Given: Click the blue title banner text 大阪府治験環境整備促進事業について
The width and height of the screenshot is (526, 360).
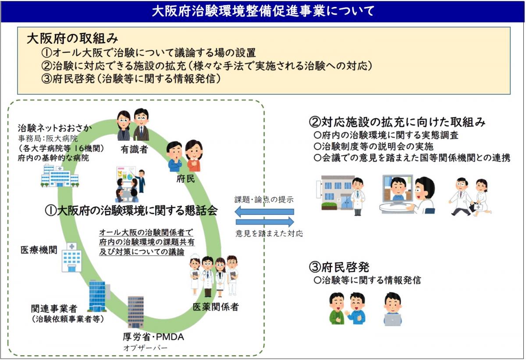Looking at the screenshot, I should click(x=263, y=11).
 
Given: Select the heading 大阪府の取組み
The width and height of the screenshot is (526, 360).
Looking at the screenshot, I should click(x=73, y=39).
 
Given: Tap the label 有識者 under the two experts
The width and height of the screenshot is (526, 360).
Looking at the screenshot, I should click(x=134, y=150).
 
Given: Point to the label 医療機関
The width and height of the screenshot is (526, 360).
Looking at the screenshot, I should click(x=39, y=250).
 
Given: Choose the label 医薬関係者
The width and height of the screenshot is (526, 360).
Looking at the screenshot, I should click(x=216, y=307).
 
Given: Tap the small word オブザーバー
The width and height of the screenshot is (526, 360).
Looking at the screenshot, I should click(x=145, y=348).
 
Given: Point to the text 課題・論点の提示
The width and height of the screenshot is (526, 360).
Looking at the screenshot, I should click(x=264, y=200).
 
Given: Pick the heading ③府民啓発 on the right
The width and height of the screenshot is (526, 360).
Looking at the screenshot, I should click(x=339, y=267).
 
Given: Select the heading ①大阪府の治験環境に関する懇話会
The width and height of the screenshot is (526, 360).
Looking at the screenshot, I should click(x=131, y=210).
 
